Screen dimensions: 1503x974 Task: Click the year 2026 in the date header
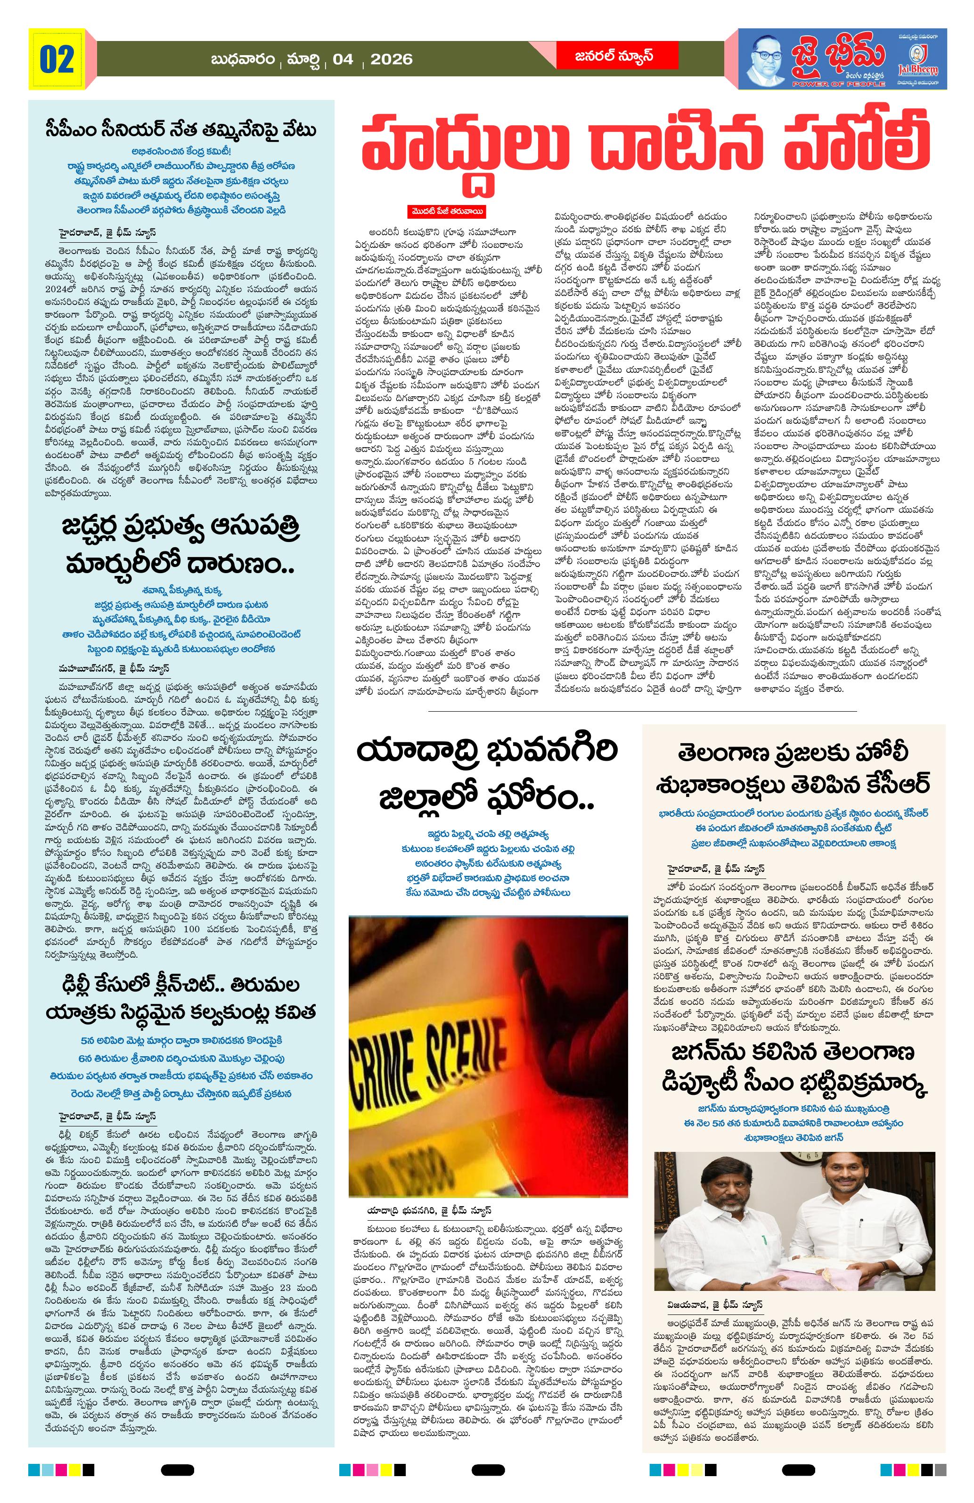click(392, 60)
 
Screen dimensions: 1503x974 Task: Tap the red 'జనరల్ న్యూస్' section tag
click(605, 56)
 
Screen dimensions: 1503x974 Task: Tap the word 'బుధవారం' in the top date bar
click(244, 60)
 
